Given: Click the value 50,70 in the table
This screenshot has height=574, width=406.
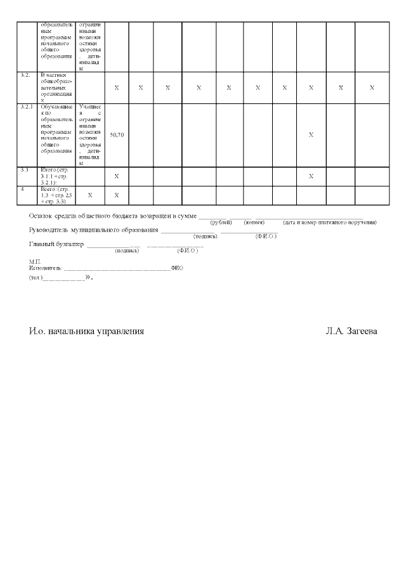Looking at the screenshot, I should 117,135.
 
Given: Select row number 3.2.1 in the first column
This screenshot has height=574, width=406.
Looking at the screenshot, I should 27,107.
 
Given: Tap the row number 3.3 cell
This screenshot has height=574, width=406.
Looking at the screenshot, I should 25,171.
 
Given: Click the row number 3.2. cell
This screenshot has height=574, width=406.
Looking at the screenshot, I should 25,75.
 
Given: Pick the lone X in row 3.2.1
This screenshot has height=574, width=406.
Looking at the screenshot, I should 311,135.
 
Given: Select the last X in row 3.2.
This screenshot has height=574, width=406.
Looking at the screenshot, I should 372,88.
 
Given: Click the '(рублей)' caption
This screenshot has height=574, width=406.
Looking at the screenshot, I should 221,223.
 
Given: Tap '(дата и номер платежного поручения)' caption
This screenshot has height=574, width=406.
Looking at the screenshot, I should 330,223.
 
